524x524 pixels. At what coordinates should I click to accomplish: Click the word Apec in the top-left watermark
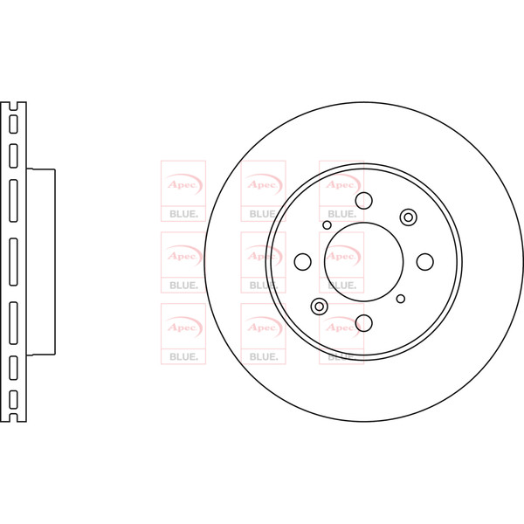coord(182,184)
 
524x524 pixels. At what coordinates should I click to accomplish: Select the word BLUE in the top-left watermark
coord(183,214)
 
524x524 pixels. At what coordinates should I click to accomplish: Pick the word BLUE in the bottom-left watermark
coord(183,357)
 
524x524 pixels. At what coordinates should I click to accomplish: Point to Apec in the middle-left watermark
coord(182,256)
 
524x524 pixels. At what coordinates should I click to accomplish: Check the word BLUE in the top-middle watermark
coord(264,214)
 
